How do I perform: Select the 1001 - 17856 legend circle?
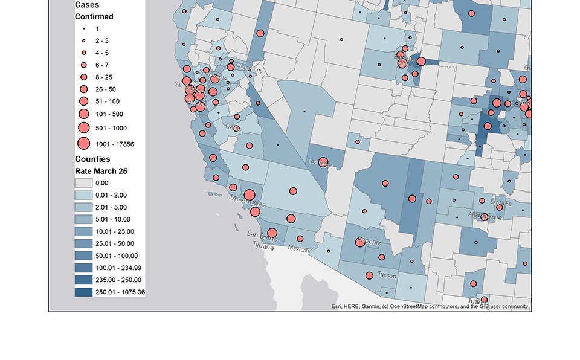pos(83,144)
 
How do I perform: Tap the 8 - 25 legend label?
pos(104,77)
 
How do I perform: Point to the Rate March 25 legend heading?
pos(101,171)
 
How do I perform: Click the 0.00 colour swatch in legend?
pos(83,183)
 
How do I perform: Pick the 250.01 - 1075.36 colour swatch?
pos(83,292)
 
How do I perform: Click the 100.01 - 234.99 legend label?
pos(118,268)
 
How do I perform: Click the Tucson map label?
pos(387,275)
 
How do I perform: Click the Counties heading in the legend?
pos(92,159)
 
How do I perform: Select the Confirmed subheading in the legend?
pos(94,17)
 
